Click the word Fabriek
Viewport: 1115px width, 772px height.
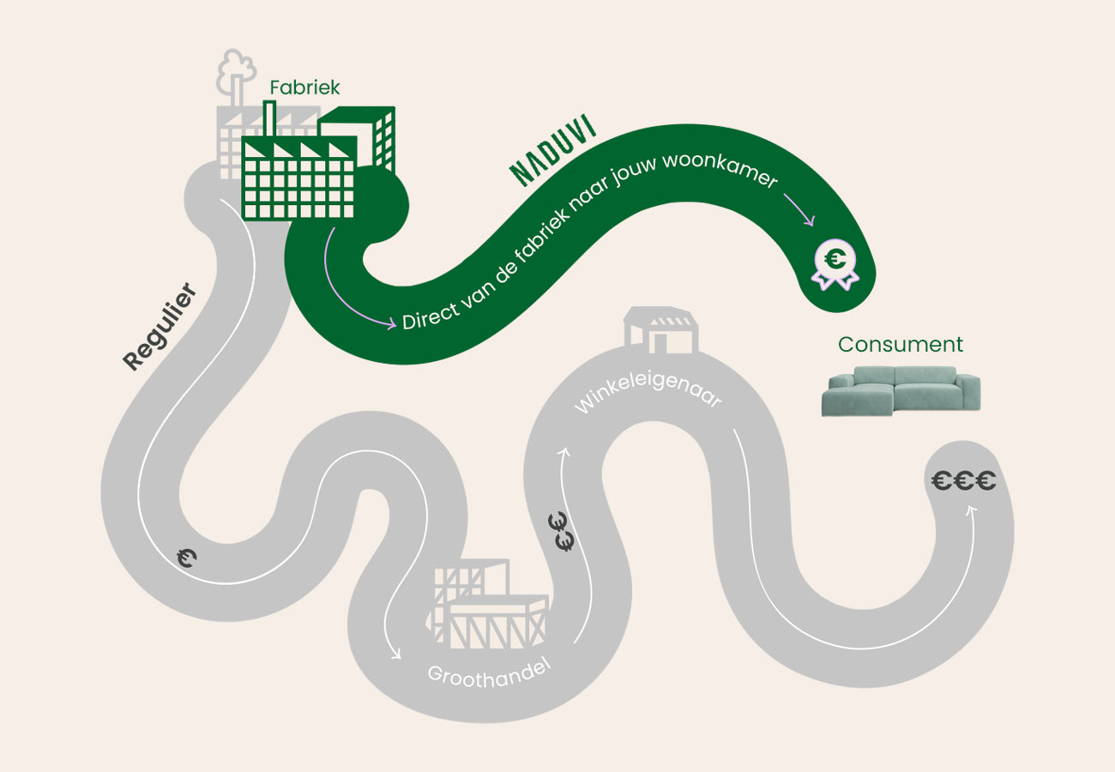click(304, 87)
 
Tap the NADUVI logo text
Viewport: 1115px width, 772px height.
click(552, 150)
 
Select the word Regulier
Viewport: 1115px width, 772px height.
click(160, 327)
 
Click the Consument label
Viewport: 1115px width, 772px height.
click(901, 345)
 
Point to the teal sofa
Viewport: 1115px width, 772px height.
click(901, 391)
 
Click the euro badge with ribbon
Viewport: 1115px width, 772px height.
click(835, 264)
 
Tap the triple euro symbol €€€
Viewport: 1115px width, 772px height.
click(964, 480)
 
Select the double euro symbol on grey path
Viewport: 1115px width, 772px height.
click(562, 531)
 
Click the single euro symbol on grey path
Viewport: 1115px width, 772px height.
click(187, 558)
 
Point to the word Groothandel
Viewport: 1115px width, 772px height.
click(489, 674)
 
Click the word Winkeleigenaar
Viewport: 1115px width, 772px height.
click(648, 393)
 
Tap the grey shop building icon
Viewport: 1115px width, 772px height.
click(661, 330)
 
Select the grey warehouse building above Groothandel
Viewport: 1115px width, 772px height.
click(488, 604)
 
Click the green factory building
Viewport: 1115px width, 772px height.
click(318, 162)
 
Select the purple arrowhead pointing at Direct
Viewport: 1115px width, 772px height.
click(391, 323)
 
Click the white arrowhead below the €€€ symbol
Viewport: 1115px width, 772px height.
click(970, 510)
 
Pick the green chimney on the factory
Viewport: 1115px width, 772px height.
click(269, 118)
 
